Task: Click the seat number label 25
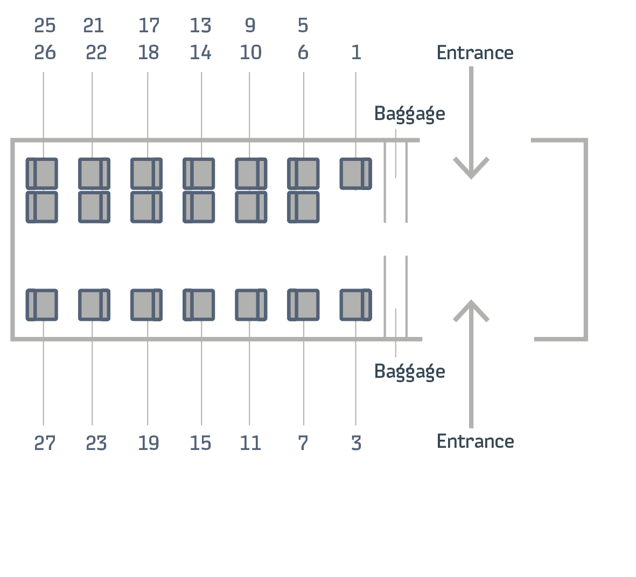45,25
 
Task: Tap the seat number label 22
96,53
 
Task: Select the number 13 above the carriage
200,25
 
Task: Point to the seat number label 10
250,53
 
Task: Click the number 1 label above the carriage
355,53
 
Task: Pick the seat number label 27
45,444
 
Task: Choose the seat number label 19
148,444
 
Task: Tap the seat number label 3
356,444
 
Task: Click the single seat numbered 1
355,173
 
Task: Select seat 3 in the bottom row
355,305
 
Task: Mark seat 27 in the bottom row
42,305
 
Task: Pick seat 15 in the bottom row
199,305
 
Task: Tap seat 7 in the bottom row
303,305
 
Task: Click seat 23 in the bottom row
94,305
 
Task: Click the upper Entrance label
474,53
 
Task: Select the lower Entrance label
475,441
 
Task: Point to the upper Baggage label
409,114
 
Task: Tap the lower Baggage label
409,371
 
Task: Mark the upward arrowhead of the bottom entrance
471,310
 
